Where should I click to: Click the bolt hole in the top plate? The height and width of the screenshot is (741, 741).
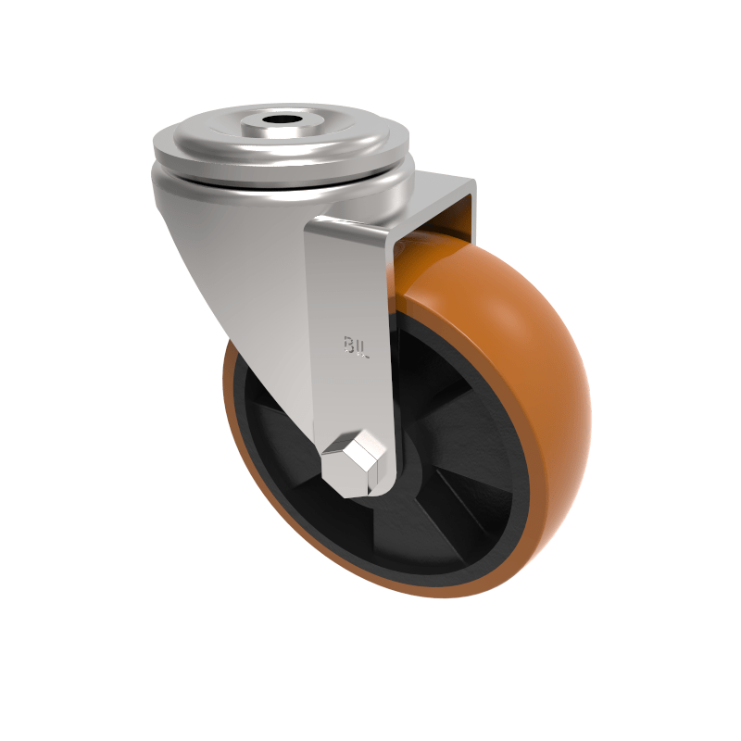pyautogui.click(x=279, y=120)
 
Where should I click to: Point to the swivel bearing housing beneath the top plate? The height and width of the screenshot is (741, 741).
pyautogui.click(x=278, y=190)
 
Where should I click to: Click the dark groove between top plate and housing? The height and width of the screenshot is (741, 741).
pyautogui.click(x=278, y=173)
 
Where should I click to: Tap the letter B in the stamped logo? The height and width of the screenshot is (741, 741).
pyautogui.click(x=349, y=345)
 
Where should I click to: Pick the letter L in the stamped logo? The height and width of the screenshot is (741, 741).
pyautogui.click(x=364, y=349)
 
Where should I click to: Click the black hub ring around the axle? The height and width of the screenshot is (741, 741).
pyautogui.click(x=408, y=482)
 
